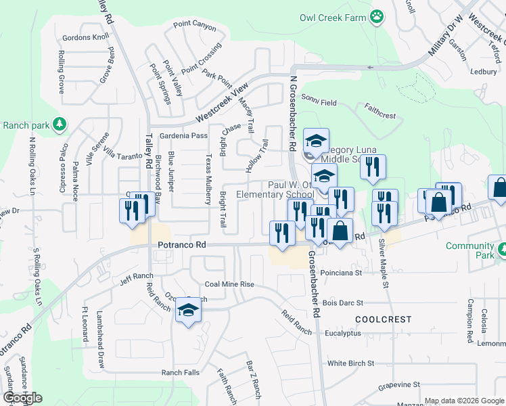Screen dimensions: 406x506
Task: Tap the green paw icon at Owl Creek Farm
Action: pyautogui.click(x=377, y=16)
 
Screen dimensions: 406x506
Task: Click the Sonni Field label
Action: pyautogui.click(x=319, y=102)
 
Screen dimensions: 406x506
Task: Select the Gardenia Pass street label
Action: pyautogui.click(x=183, y=136)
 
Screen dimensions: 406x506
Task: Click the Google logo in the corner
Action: pyautogui.click(x=23, y=398)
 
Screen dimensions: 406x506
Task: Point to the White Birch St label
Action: pyautogui.click(x=350, y=363)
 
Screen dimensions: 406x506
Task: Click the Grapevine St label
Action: pyautogui.click(x=399, y=385)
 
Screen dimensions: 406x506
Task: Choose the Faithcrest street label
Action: pyautogui.click(x=379, y=111)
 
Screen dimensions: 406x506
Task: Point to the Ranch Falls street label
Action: pyautogui.click(x=180, y=373)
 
